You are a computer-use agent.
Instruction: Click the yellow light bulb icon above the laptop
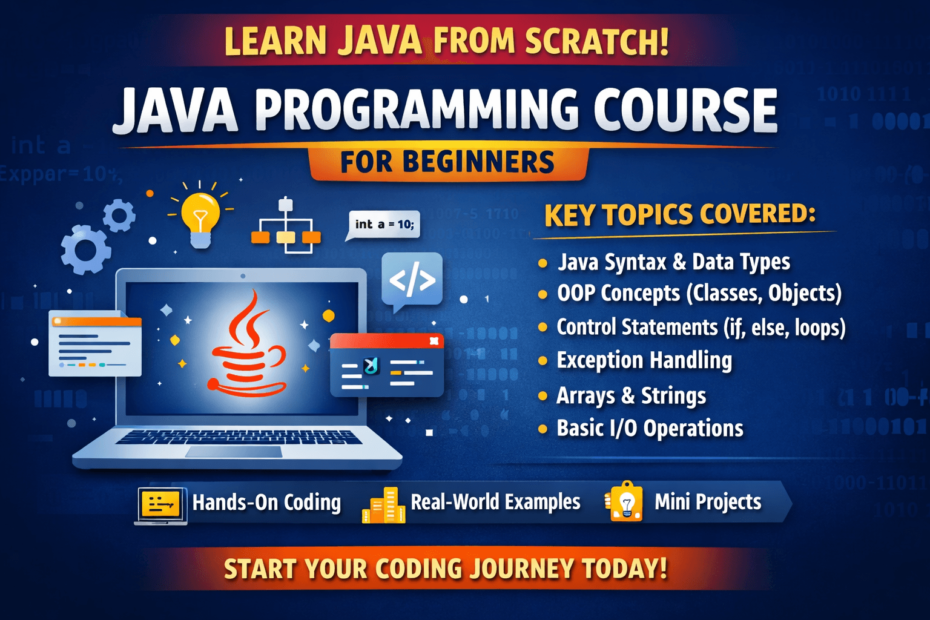point(200,217)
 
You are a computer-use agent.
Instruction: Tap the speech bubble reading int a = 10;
point(384,224)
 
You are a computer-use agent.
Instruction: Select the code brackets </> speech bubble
point(412,280)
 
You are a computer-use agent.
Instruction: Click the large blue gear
point(85,249)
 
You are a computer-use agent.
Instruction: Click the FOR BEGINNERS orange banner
point(447,162)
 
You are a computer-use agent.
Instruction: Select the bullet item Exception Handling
point(644,360)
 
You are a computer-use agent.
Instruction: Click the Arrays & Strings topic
point(631,396)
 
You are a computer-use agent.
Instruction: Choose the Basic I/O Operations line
point(650,429)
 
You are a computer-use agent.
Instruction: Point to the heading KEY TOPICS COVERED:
point(679,215)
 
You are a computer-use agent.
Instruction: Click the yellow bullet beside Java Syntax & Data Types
point(542,263)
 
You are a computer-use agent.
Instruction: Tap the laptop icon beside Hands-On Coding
point(160,504)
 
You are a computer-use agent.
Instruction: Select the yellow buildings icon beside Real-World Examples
point(384,506)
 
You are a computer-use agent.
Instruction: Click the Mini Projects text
point(708,502)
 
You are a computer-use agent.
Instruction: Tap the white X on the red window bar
point(434,341)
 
